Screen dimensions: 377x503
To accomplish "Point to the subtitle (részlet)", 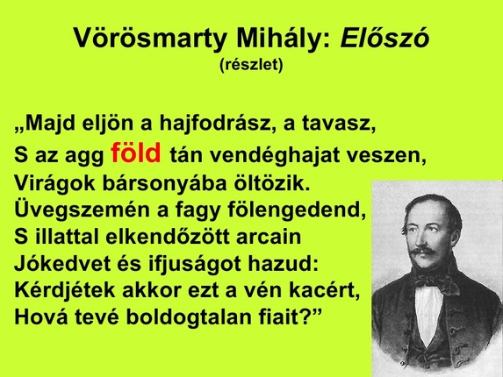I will pyautogui.click(x=251, y=65).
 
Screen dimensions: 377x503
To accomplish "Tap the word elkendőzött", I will pyautogui.click(x=176, y=238).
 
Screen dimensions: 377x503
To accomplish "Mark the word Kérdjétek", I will pyautogui.click(x=63, y=291).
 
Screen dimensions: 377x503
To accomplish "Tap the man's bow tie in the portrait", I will pyautogui.click(x=432, y=281).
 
